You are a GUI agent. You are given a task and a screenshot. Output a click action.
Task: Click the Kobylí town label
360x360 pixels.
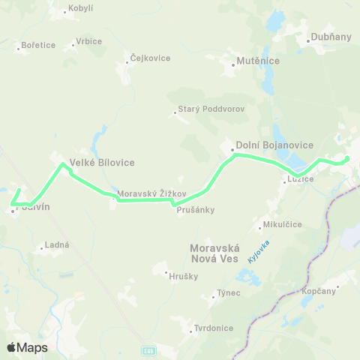pos(80,8)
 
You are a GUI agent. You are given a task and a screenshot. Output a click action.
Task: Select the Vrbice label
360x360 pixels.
pos(88,41)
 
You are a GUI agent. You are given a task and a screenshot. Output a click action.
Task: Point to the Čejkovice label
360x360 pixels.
pos(150,58)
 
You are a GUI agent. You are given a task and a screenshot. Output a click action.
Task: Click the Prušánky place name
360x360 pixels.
pos(196,210)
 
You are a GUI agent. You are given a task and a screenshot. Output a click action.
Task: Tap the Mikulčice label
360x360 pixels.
pos(282,224)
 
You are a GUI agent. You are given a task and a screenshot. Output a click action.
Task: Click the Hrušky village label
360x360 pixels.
pos(184,276)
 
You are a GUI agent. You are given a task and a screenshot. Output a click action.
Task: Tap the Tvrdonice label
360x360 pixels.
pos(214,328)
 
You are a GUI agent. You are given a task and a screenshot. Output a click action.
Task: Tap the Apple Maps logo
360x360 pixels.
pos(27,347)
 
